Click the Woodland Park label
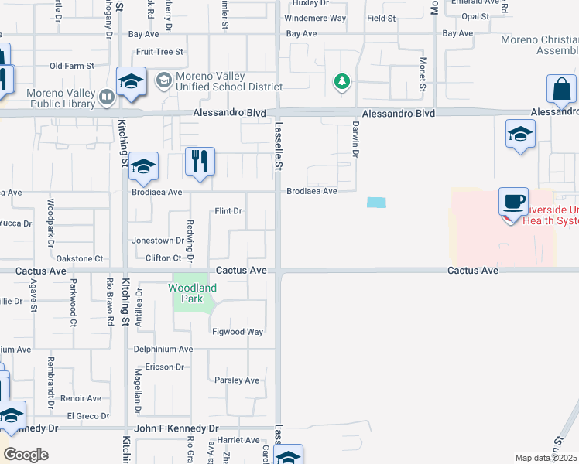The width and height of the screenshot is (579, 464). (x=192, y=293)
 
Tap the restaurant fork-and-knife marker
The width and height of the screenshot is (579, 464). (x=200, y=162)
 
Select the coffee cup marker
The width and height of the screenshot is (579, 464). (x=513, y=202)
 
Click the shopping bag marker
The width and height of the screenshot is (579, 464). (x=560, y=89)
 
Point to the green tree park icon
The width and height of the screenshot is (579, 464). (x=340, y=80)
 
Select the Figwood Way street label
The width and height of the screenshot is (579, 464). (x=238, y=332)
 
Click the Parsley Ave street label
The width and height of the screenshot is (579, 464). (x=236, y=380)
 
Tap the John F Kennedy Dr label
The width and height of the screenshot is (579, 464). (x=176, y=428)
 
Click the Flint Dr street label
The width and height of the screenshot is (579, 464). (x=228, y=211)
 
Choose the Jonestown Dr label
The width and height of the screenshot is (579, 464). (x=158, y=241)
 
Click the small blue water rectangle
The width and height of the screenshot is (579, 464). (x=375, y=203)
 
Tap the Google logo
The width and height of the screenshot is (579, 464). (x=26, y=455)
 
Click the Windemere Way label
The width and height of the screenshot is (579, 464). (x=315, y=18)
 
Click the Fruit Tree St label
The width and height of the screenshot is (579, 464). (x=159, y=52)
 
